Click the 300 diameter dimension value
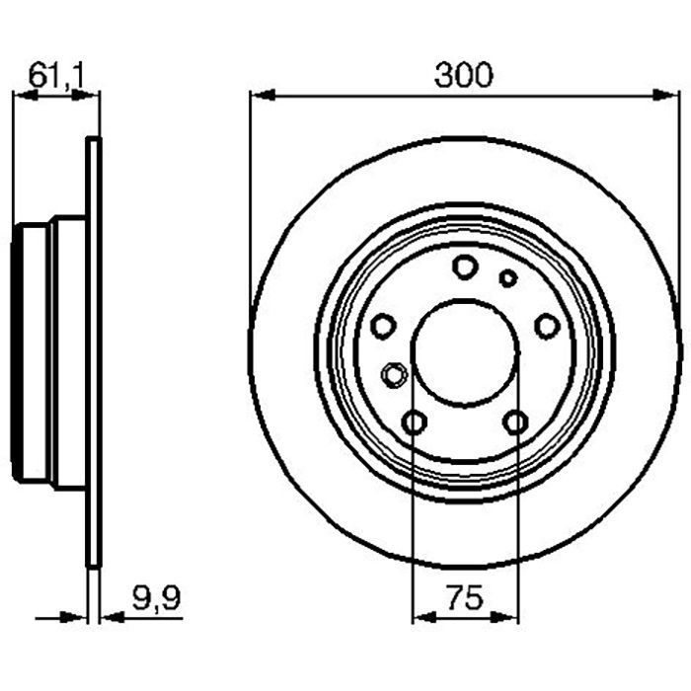tap(463, 76)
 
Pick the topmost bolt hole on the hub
tap(464, 266)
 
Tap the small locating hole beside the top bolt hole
tap(507, 278)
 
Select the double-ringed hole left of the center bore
tap(394, 375)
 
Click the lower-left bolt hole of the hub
tap(416, 422)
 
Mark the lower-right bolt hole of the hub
tap(514, 422)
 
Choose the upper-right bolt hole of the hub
tap(545, 324)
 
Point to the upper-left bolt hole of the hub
tap(384, 324)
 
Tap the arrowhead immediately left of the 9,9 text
tap(111, 617)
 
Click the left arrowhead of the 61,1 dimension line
tap(22, 96)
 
